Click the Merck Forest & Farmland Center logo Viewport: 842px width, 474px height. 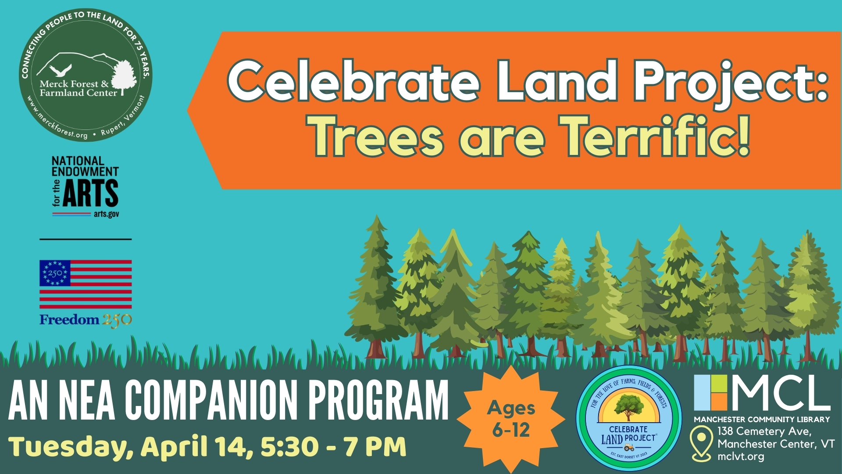click(86, 75)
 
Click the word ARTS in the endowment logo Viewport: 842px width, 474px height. click(91, 193)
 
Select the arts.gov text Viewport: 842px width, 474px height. click(106, 214)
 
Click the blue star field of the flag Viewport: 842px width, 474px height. click(55, 273)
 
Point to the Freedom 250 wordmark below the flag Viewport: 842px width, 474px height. click(86, 320)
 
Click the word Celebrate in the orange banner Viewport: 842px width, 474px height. click(353, 82)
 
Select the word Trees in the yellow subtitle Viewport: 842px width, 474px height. click(376, 136)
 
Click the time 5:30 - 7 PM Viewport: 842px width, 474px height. click(333, 446)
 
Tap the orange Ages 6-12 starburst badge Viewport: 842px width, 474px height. click(511, 419)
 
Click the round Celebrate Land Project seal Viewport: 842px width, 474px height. click(629, 418)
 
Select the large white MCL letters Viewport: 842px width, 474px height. click(781, 392)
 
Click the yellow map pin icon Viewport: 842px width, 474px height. click(701, 443)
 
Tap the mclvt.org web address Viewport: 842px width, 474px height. click(741, 456)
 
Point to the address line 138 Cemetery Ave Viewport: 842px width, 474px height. click(764, 431)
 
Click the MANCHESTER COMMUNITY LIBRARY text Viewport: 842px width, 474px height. click(762, 419)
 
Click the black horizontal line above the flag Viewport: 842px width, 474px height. click(86, 239)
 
